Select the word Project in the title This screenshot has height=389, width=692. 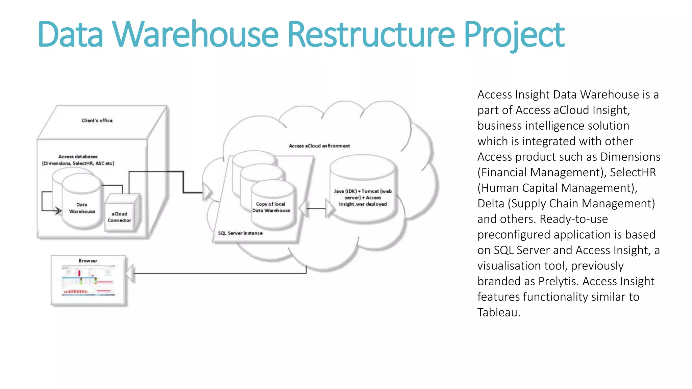pos(514,34)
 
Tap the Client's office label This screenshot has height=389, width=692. pos(97,121)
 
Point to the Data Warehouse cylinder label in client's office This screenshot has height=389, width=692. pos(82,208)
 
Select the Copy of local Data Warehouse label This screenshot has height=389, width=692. pos(271,207)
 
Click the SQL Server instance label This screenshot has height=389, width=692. pos(240,233)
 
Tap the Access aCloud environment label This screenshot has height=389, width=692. pos(319,146)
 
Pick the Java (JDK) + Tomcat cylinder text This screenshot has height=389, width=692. pos(363,198)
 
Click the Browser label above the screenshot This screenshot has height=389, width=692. pos(88,261)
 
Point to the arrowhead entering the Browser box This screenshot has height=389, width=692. pos(130,273)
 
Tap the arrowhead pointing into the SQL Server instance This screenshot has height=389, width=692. pos(207,192)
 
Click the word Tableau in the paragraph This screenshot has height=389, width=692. pos(498,312)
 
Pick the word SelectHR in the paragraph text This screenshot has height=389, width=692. pos(633,173)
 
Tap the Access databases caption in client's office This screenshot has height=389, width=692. pos(78,160)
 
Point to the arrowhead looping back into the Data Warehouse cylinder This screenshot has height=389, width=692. pos(58,211)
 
